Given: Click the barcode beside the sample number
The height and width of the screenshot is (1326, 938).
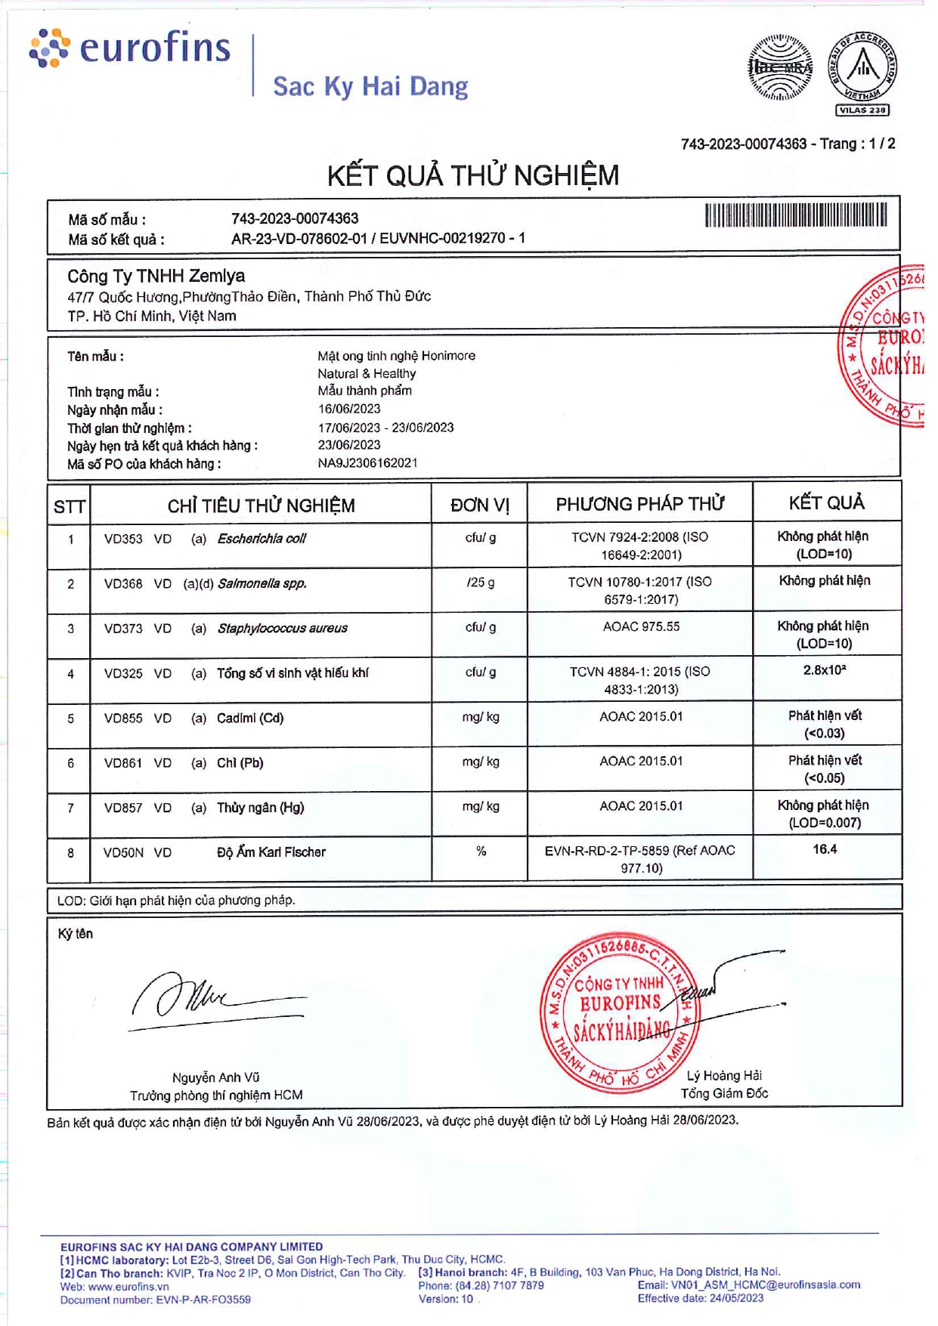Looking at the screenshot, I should click(796, 215).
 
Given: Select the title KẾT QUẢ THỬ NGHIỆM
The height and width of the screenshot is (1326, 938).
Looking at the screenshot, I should click(473, 176).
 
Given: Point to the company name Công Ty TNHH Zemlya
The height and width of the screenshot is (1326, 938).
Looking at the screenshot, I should click(156, 277).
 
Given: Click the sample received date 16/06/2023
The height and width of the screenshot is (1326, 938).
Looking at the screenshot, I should click(349, 409).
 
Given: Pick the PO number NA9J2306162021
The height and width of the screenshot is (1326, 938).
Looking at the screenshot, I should click(367, 463).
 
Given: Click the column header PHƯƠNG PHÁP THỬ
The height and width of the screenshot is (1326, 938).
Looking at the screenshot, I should click(640, 504).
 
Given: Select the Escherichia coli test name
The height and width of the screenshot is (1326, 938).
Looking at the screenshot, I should click(262, 539).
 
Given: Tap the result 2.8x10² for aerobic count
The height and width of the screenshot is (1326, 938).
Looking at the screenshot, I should click(825, 670).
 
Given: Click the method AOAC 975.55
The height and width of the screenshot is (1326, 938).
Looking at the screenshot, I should click(641, 626).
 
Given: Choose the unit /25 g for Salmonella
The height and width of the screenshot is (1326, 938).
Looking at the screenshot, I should click(481, 583).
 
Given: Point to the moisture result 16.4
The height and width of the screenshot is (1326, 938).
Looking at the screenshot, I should click(825, 849).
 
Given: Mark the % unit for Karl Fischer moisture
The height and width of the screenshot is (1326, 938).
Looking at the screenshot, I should click(481, 852).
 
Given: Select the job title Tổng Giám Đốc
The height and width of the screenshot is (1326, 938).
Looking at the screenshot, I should click(724, 1093).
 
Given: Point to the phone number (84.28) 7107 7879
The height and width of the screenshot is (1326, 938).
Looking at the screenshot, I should click(500, 1285).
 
